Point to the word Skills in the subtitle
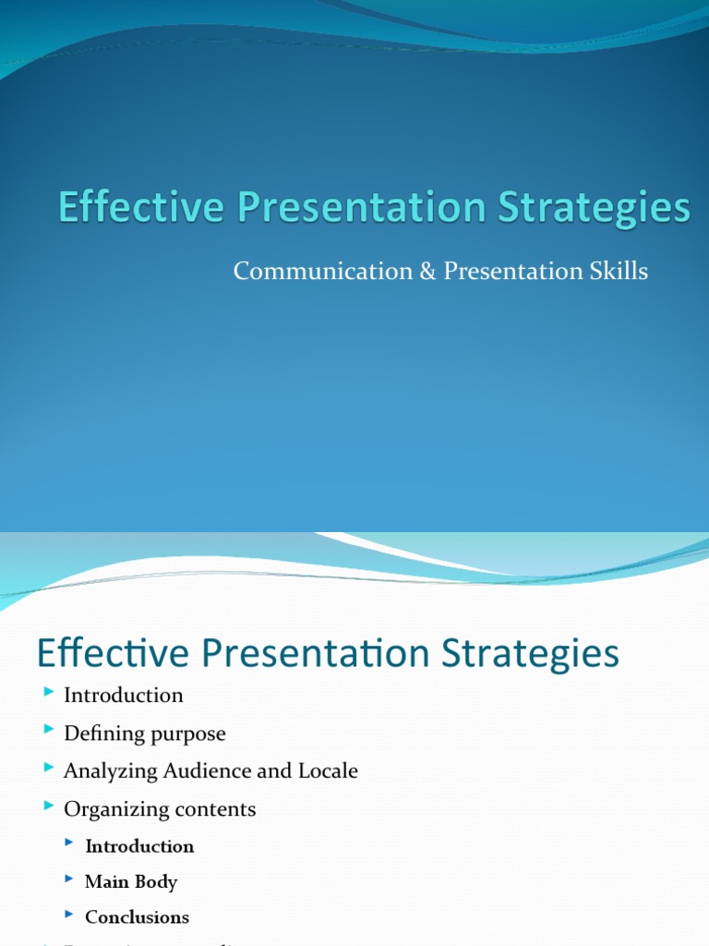click(x=619, y=271)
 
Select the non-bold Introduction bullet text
click(x=123, y=695)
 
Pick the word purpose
click(x=188, y=734)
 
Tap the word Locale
click(x=328, y=770)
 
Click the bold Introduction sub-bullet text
click(x=139, y=846)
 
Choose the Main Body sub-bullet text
click(x=131, y=881)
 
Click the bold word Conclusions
click(x=137, y=917)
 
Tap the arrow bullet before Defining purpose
click(x=49, y=731)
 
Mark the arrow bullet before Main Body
click(x=70, y=879)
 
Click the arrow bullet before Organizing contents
click(x=49, y=807)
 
